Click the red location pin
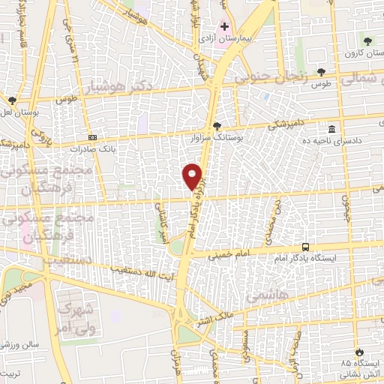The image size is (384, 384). [x=193, y=175]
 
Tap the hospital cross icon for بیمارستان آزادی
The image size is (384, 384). [x=223, y=26]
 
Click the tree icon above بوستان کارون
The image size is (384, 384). [x=367, y=41]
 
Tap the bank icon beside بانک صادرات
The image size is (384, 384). [x=92, y=138]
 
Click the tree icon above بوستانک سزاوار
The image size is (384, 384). [x=217, y=126]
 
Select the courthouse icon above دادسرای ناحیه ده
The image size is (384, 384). [x=333, y=127]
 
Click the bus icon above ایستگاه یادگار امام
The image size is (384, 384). [x=305, y=247]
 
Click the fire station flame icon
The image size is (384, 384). [x=359, y=351]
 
